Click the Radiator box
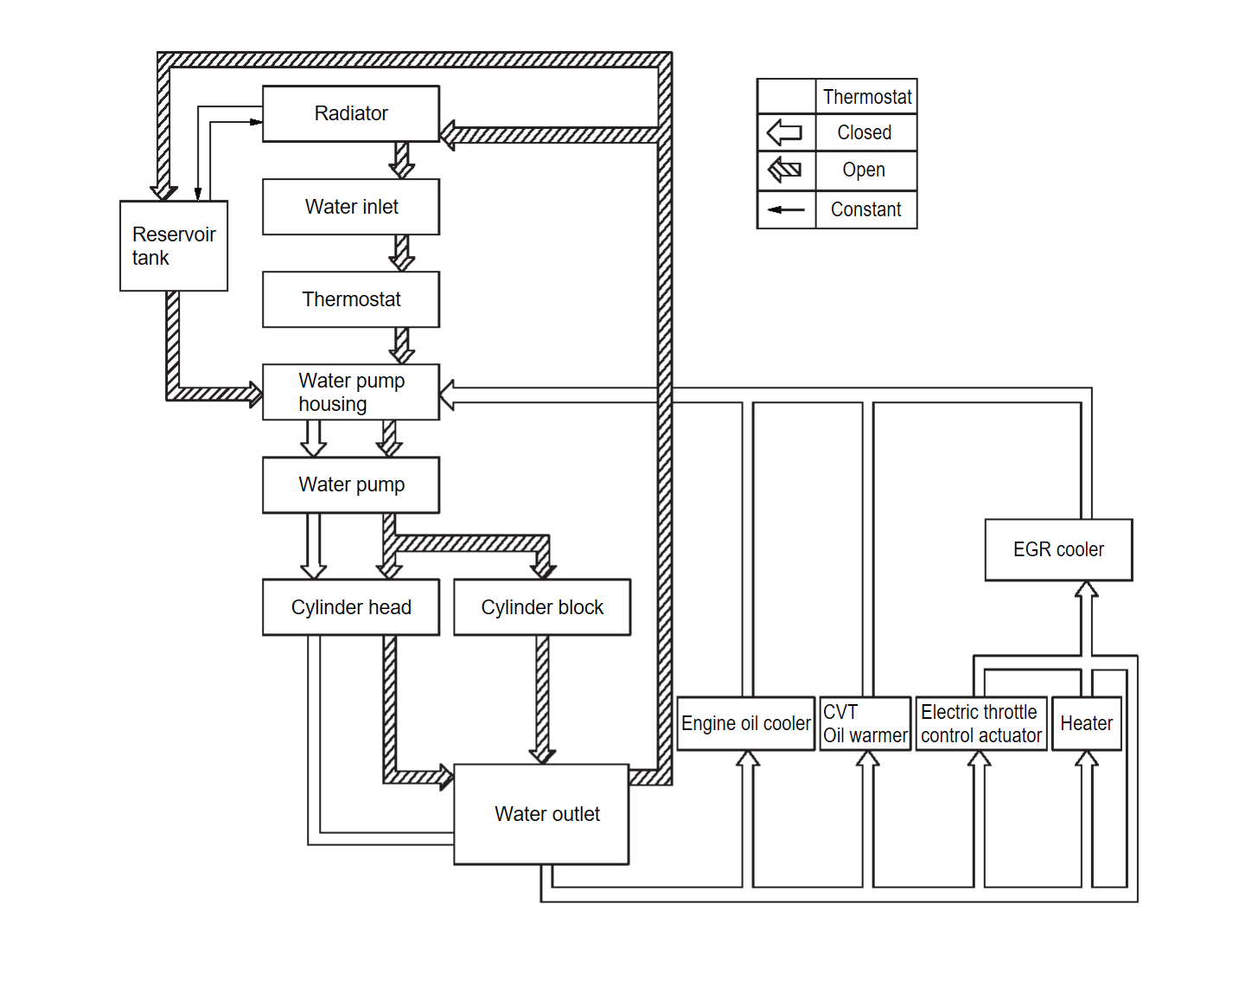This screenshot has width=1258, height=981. (x=351, y=113)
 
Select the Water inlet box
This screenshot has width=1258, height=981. (x=351, y=207)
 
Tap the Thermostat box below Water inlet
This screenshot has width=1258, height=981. (x=351, y=299)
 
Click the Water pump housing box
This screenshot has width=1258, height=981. (x=351, y=392)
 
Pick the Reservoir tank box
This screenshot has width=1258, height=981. (x=174, y=246)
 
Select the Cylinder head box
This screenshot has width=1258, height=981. (x=351, y=607)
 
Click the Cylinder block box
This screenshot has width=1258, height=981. (x=542, y=607)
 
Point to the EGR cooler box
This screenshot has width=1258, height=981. (x=1058, y=549)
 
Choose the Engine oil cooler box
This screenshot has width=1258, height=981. (x=745, y=723)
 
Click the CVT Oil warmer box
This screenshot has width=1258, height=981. (x=865, y=723)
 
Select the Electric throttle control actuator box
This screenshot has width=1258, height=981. (x=981, y=723)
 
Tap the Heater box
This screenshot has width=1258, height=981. (x=1086, y=723)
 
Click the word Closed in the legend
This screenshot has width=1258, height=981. (x=865, y=132)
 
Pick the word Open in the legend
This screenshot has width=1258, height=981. (x=865, y=170)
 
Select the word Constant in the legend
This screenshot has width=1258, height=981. (x=865, y=209)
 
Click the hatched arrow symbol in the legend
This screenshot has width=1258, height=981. (x=785, y=170)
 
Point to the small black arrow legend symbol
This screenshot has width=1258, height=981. (x=785, y=209)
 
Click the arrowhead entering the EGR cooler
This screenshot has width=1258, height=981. (x=1086, y=590)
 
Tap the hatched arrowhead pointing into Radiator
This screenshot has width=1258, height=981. (x=448, y=135)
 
